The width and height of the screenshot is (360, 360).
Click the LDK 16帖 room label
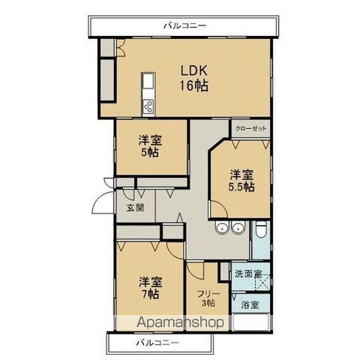tap(193, 77)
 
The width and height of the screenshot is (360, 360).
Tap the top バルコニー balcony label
tap(184, 26)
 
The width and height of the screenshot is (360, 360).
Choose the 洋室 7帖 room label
tap(150, 288)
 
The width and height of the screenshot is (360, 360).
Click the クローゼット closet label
tap(250, 128)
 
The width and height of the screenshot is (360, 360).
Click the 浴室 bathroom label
tap(250, 304)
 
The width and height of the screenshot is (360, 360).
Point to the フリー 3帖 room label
tap(206, 298)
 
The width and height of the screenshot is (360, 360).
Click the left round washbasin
tap(221, 230)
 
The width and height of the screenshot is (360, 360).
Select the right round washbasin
tap(238, 230)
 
